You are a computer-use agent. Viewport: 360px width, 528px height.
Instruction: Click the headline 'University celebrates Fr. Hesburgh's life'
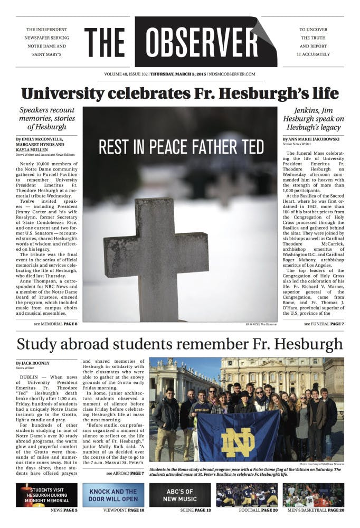[x=180, y=94]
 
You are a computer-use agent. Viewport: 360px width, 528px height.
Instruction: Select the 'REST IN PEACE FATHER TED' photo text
[x=181, y=147]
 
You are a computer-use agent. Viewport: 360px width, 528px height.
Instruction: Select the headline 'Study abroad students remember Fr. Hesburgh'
[x=180, y=344]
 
